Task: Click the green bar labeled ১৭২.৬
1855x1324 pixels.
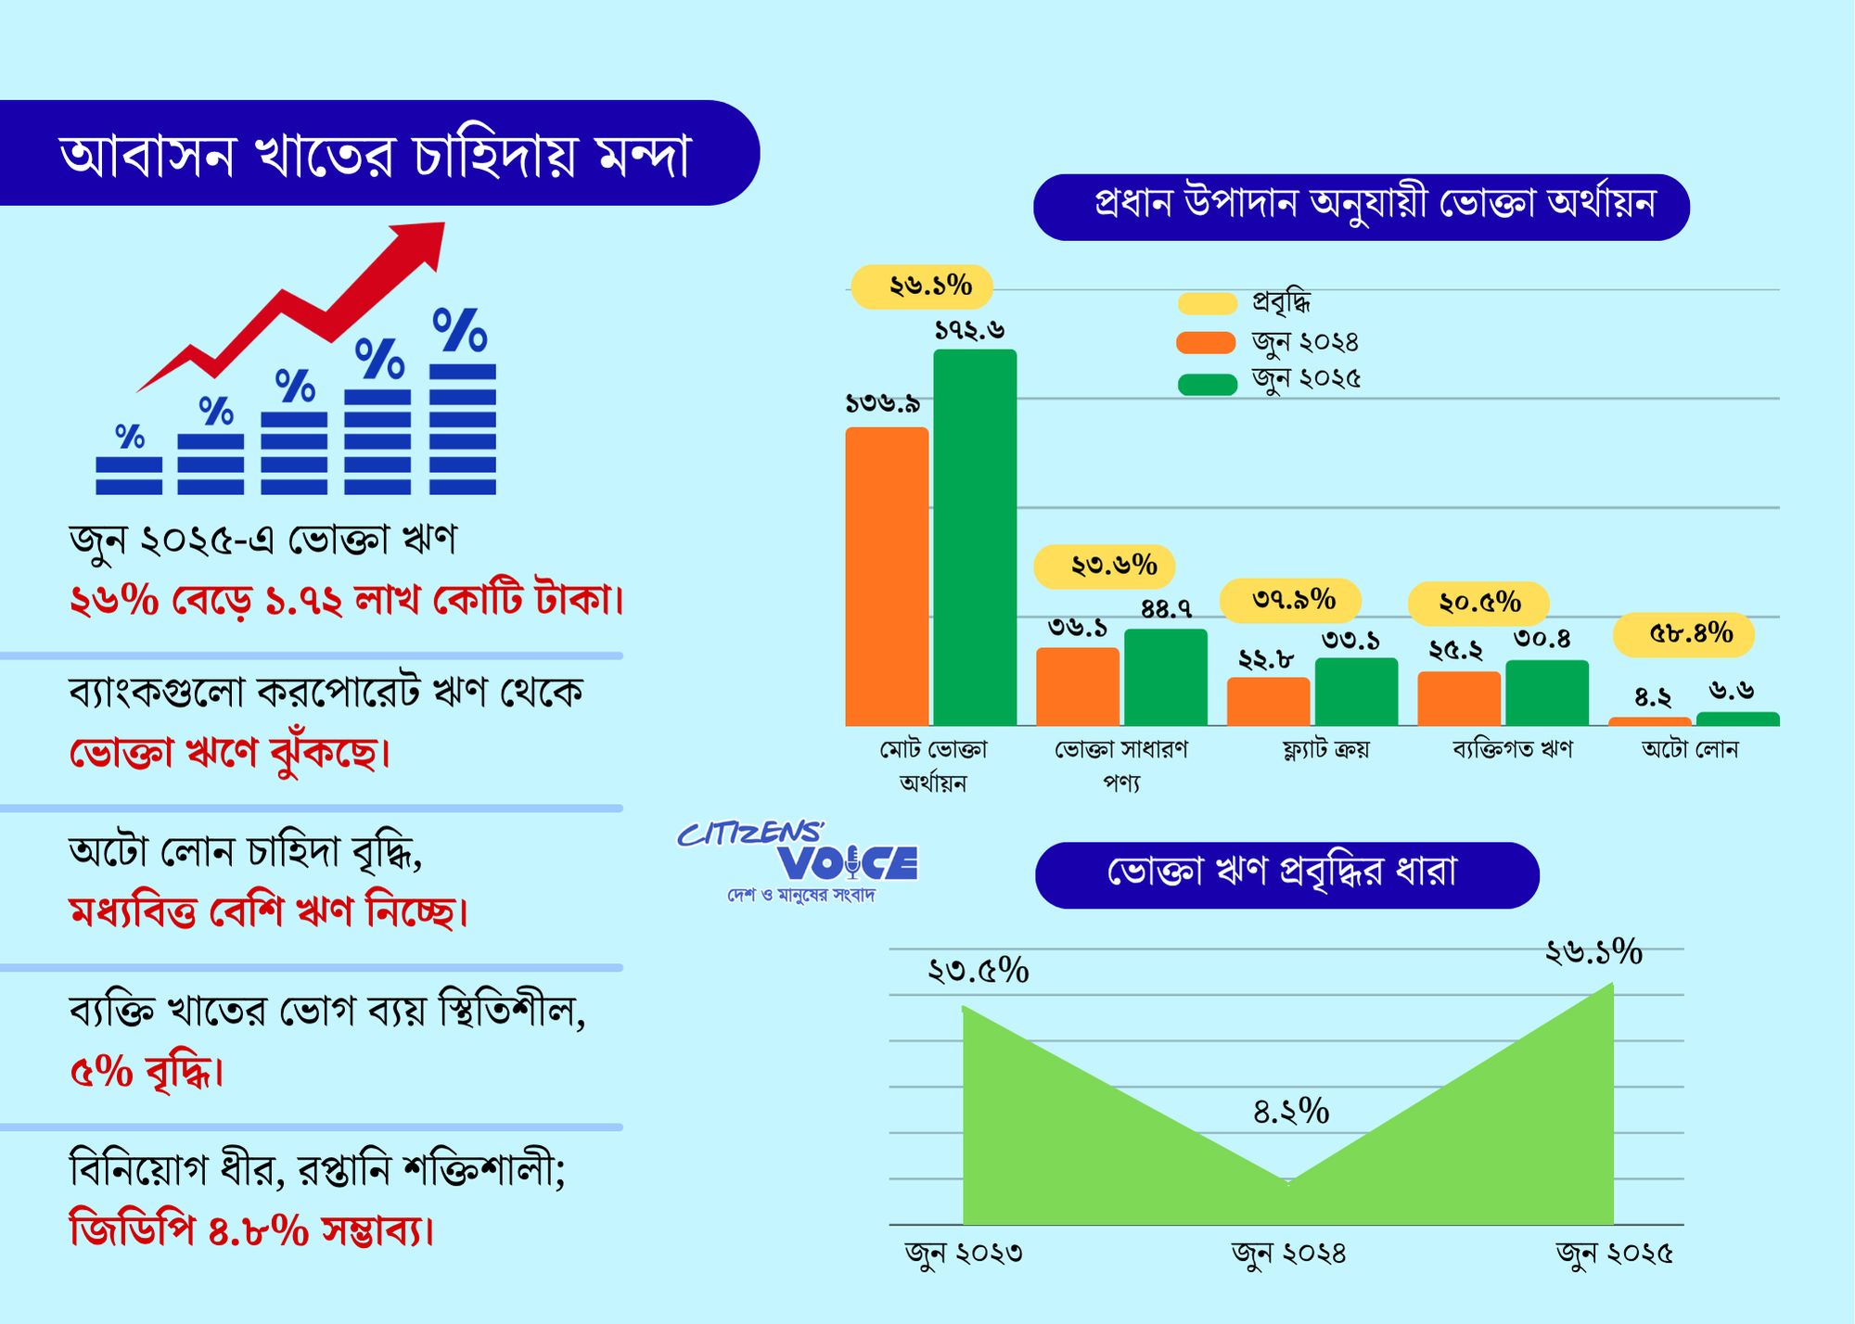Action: (x=975, y=538)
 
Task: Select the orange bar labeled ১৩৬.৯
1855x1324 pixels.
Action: (x=887, y=577)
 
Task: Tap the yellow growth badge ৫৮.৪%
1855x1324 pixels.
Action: (x=1684, y=634)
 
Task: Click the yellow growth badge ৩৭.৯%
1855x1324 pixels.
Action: (x=1291, y=601)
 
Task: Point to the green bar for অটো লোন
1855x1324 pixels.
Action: (x=1737, y=719)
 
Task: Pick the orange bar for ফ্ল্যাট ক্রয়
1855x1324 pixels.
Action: (x=1268, y=702)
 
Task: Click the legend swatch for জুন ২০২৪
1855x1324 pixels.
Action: (x=1206, y=343)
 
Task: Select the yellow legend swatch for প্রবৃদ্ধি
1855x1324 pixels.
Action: (x=1206, y=303)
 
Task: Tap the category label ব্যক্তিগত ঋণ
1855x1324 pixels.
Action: (x=1513, y=749)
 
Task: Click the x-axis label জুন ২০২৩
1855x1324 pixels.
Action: (x=964, y=1254)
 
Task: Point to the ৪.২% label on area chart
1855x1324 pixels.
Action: (x=1291, y=1111)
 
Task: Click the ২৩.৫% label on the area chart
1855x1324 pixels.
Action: (x=979, y=971)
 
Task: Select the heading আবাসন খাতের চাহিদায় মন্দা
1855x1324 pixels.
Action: (x=376, y=154)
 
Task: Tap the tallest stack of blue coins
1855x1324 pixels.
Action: (x=462, y=428)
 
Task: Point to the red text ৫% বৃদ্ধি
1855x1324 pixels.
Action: (x=147, y=1073)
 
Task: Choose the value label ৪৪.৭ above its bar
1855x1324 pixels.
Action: (x=1166, y=609)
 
